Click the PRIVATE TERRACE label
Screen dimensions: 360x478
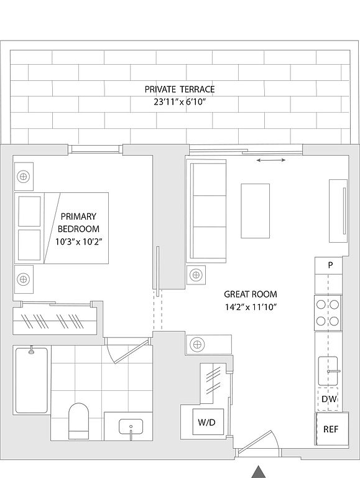180,90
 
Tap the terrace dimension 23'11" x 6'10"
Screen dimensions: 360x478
180,102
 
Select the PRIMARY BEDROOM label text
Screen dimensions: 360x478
78,223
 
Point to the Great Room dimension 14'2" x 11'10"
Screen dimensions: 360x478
251,307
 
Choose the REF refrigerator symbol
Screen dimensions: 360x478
331,429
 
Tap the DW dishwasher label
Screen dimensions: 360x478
329,399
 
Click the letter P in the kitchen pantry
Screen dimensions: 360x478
330,265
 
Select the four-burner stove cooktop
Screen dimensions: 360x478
328,313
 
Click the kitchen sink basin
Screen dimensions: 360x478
328,371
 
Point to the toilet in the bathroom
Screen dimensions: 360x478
78,421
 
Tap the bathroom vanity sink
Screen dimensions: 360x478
131,428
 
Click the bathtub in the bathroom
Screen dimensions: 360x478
31,380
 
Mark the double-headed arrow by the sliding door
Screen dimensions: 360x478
270,160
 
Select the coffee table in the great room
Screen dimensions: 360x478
255,210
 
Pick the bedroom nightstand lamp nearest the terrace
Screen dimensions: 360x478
24,177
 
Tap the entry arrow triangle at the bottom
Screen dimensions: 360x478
259,472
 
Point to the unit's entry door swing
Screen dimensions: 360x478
259,443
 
